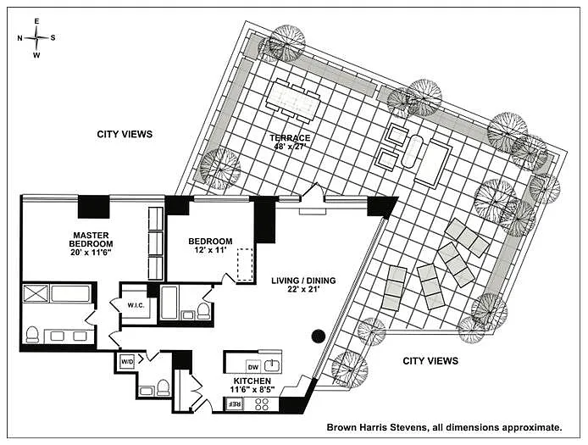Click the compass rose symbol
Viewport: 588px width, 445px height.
click(36, 38)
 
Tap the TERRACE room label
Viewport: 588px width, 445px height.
click(290, 137)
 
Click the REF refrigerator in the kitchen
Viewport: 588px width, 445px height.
click(233, 403)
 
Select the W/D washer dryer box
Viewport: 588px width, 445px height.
click(127, 362)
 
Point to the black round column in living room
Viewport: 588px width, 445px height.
click(318, 336)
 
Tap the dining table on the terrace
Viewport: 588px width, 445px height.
click(292, 100)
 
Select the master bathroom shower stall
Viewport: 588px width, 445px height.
click(36, 294)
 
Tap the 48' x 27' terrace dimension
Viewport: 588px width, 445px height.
click(290, 147)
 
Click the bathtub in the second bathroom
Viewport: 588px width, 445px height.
click(169, 303)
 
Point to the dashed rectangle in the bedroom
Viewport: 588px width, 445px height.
click(246, 264)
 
